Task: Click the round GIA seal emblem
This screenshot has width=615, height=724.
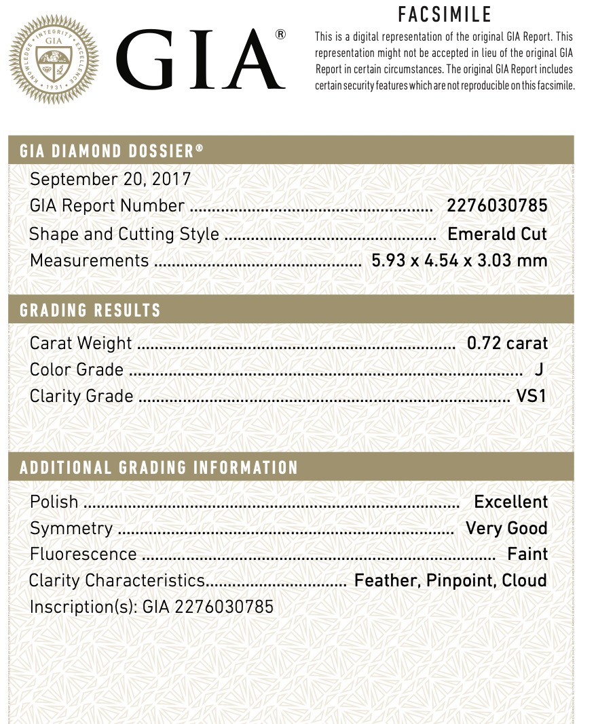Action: pyautogui.click(x=54, y=60)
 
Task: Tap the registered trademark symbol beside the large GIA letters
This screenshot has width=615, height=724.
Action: pyautogui.click(x=280, y=35)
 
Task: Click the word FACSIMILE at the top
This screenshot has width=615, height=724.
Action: pyautogui.click(x=445, y=14)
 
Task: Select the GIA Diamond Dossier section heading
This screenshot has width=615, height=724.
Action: pyautogui.click(x=111, y=150)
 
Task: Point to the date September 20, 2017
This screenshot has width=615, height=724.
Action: pyautogui.click(x=111, y=179)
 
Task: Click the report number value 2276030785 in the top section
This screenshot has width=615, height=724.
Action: pyautogui.click(x=497, y=205)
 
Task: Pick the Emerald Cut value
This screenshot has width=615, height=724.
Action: pyautogui.click(x=497, y=234)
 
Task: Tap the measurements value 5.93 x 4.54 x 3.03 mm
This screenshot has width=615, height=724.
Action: pyautogui.click(x=459, y=260)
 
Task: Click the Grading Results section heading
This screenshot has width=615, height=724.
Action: pyautogui.click(x=90, y=311)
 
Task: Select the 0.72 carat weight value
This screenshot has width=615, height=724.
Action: pyautogui.click(x=507, y=343)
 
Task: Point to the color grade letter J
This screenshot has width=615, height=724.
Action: pyautogui.click(x=538, y=370)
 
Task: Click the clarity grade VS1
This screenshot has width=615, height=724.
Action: pyautogui.click(x=532, y=396)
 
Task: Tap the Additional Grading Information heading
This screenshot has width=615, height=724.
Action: pyautogui.click(x=159, y=468)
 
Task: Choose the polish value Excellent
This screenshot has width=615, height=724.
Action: pyautogui.click(x=510, y=502)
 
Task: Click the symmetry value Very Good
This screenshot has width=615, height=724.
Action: pyautogui.click(x=506, y=528)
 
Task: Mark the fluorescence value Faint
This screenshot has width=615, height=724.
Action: pyautogui.click(x=527, y=554)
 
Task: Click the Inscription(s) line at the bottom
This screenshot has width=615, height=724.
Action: pyautogui.click(x=151, y=606)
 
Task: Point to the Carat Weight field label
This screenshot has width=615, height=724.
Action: pyautogui.click(x=81, y=343)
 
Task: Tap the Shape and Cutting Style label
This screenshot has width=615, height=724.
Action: pyautogui.click(x=124, y=234)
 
